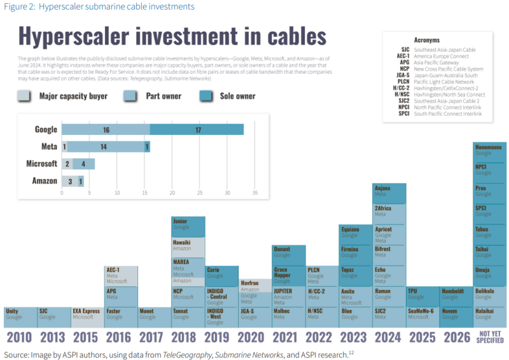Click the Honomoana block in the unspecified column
pyautogui.click(x=490, y=150)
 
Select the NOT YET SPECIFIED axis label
pyautogui.click(x=490, y=337)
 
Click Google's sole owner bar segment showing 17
pyautogui.click(x=197, y=129)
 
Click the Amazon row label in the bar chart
pyautogui.click(x=45, y=181)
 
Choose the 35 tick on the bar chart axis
pyautogui.click(x=255, y=193)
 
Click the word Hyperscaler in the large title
pyautogui.click(x=75, y=36)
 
